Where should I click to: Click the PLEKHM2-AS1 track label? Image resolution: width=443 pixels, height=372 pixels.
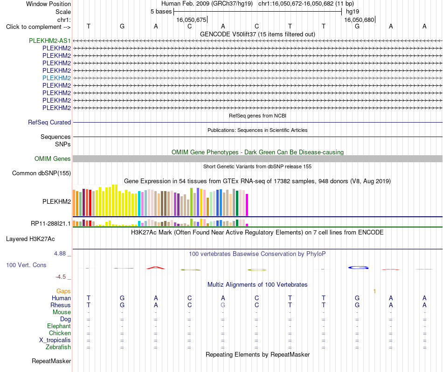point(50,41)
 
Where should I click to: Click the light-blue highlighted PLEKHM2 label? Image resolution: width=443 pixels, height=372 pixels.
point(56,78)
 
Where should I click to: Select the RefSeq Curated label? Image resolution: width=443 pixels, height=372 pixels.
point(49,122)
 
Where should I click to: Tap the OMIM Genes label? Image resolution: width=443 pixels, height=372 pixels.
point(53,159)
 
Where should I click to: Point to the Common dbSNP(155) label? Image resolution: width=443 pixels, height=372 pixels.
point(42,173)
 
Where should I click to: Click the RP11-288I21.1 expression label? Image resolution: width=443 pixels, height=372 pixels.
point(51,223)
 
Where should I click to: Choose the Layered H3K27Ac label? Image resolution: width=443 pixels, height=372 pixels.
point(30,239)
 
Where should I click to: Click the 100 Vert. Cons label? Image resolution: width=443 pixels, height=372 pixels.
point(26,265)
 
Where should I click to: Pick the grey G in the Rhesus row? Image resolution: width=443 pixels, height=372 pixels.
point(223,305)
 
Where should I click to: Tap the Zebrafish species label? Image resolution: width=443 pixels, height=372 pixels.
point(58,347)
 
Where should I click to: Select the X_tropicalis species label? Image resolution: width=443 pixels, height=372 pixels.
point(55,340)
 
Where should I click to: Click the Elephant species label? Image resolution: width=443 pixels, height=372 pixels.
point(59,326)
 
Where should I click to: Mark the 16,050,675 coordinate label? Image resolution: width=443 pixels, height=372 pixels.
point(191,20)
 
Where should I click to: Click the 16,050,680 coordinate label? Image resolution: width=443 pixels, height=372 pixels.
point(359,20)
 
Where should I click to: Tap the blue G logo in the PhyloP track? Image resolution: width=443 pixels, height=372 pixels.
point(358,268)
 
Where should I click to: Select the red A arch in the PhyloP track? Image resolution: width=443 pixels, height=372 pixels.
point(155,267)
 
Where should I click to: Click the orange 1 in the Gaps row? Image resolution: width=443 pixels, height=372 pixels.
point(374,291)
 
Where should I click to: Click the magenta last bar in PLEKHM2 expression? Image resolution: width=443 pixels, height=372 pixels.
point(247,205)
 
